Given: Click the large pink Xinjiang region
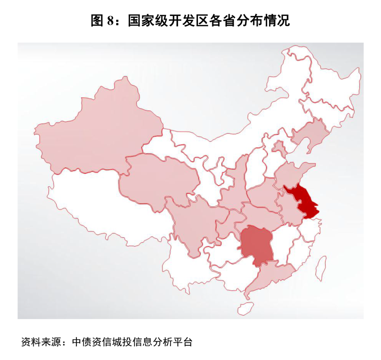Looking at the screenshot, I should tap(99, 131).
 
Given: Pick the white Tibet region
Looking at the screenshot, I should tap(106, 208).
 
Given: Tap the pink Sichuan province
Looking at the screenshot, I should tap(194, 222).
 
